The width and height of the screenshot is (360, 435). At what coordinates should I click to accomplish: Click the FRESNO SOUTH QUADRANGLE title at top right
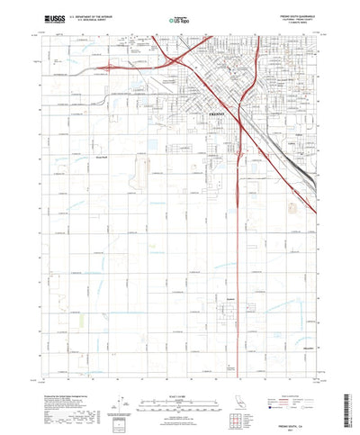click(287, 14)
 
